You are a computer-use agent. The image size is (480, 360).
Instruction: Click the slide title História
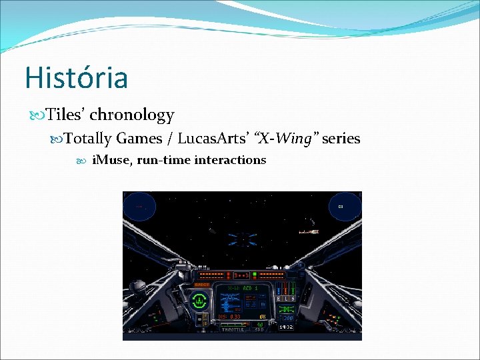click(76, 77)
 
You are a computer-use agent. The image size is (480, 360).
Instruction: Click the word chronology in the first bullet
click(131, 115)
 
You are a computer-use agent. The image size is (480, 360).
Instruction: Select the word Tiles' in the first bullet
click(65, 115)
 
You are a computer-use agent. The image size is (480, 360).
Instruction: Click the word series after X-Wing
click(341, 139)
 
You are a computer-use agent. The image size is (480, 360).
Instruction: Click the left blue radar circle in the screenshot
click(139, 207)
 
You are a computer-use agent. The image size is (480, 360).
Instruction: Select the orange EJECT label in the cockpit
click(201, 285)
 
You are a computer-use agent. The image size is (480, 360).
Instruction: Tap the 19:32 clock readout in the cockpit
click(286, 327)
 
